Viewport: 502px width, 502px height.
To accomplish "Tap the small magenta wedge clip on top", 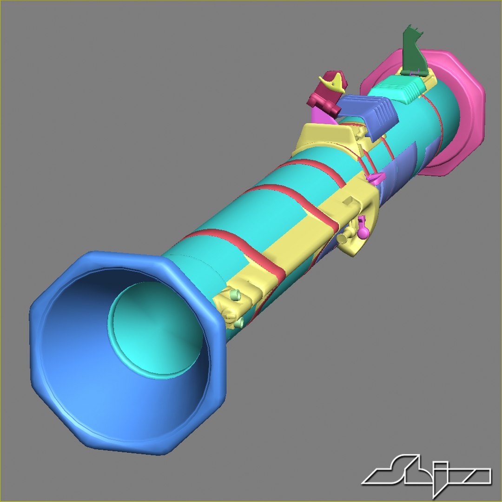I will click(x=375, y=177).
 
